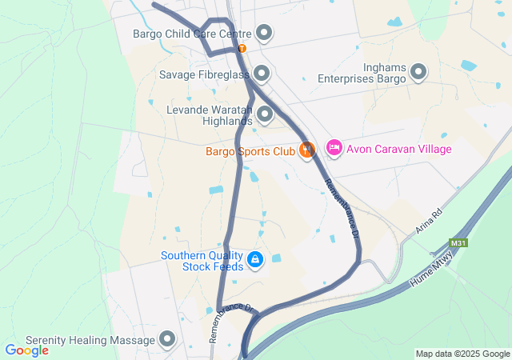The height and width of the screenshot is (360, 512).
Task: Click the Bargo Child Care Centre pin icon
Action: (x=264, y=34)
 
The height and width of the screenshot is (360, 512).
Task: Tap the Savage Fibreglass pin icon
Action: (x=262, y=74)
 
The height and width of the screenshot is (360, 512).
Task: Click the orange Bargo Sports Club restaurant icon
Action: (x=306, y=150)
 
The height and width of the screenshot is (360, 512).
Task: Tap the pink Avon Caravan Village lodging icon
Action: (x=334, y=149)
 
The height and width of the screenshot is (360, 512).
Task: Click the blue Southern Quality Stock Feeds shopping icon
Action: (x=255, y=260)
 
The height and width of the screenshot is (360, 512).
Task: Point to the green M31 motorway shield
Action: (x=458, y=242)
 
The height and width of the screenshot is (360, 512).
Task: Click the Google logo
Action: (x=26, y=350)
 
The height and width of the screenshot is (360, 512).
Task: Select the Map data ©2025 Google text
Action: (x=462, y=354)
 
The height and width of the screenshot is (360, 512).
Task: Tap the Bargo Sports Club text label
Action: (x=250, y=150)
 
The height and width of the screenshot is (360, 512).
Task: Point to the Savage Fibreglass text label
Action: (x=204, y=74)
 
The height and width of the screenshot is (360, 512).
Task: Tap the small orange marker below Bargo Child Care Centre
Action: (x=242, y=49)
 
